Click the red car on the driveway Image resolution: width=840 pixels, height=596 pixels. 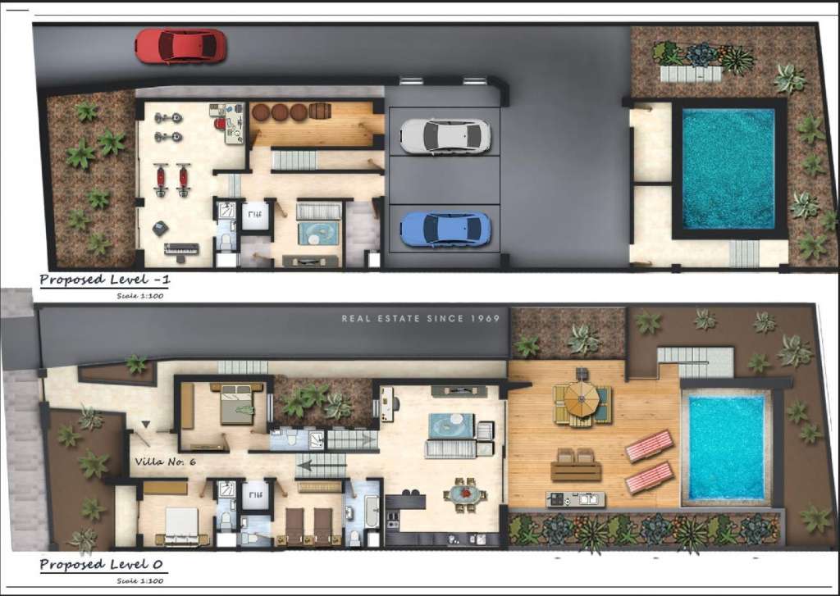coord(180,46)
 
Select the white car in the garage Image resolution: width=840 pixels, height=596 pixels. coord(445,136)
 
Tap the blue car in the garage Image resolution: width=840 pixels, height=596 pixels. coord(445,229)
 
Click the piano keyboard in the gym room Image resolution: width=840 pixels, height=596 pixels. coord(181,248)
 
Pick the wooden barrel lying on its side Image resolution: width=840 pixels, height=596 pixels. coord(320,112)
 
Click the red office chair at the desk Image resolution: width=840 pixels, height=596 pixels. coord(221,125)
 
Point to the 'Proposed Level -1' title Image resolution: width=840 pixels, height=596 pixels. coord(105,280)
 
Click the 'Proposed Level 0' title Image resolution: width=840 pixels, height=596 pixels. coord(95,565)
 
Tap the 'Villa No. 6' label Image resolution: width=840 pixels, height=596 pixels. coord(165,462)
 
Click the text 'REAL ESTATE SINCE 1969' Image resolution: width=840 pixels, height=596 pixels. coord(420,318)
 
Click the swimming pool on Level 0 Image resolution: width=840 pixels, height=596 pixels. coord(726,448)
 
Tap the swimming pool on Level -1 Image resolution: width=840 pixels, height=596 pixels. coord(728,168)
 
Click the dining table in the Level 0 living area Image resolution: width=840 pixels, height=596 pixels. coord(465,495)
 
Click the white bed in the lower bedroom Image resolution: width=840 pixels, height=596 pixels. coord(182,522)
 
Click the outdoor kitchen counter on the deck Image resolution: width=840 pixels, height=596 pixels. coord(575,498)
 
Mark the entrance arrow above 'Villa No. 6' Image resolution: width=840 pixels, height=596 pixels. coord(146,424)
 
